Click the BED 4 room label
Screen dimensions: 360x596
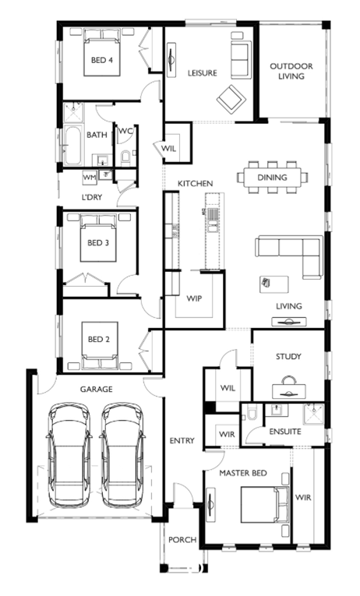pos(102,60)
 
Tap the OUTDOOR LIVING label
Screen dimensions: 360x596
pos(291,71)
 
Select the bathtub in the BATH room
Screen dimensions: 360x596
pos(72,146)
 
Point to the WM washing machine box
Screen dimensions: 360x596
pos(90,177)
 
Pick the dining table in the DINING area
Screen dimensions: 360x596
pos(272,178)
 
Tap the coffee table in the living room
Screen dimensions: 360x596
pos(274,284)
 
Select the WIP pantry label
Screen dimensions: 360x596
pos(194,298)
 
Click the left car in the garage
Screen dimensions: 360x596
pos(69,455)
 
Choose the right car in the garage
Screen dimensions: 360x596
pos(122,455)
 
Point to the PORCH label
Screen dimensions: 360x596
pos(182,540)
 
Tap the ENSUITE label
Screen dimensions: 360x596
pos(285,432)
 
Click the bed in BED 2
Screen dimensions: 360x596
pos(100,346)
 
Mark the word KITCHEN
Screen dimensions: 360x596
pos(196,184)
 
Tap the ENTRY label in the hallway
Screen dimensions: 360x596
pos(182,440)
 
